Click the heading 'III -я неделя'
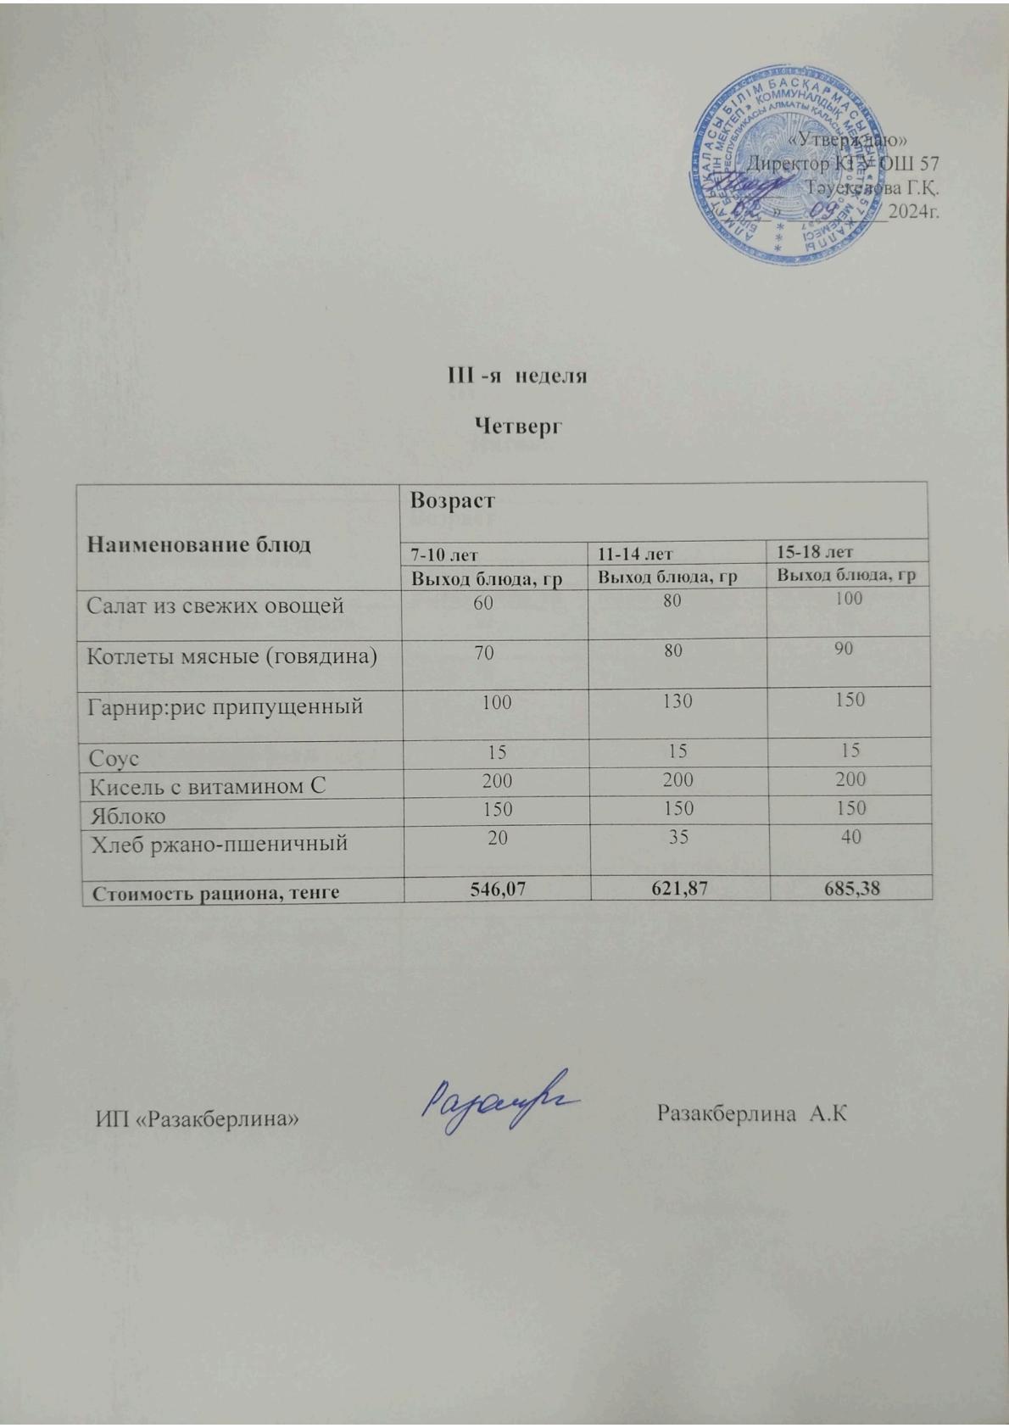point(517,375)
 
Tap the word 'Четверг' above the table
point(517,426)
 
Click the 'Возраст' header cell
point(453,501)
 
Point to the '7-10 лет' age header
point(444,555)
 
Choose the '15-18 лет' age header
point(815,552)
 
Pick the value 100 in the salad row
point(848,599)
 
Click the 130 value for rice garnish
point(678,701)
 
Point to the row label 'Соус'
point(114,758)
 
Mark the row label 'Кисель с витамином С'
point(208,787)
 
